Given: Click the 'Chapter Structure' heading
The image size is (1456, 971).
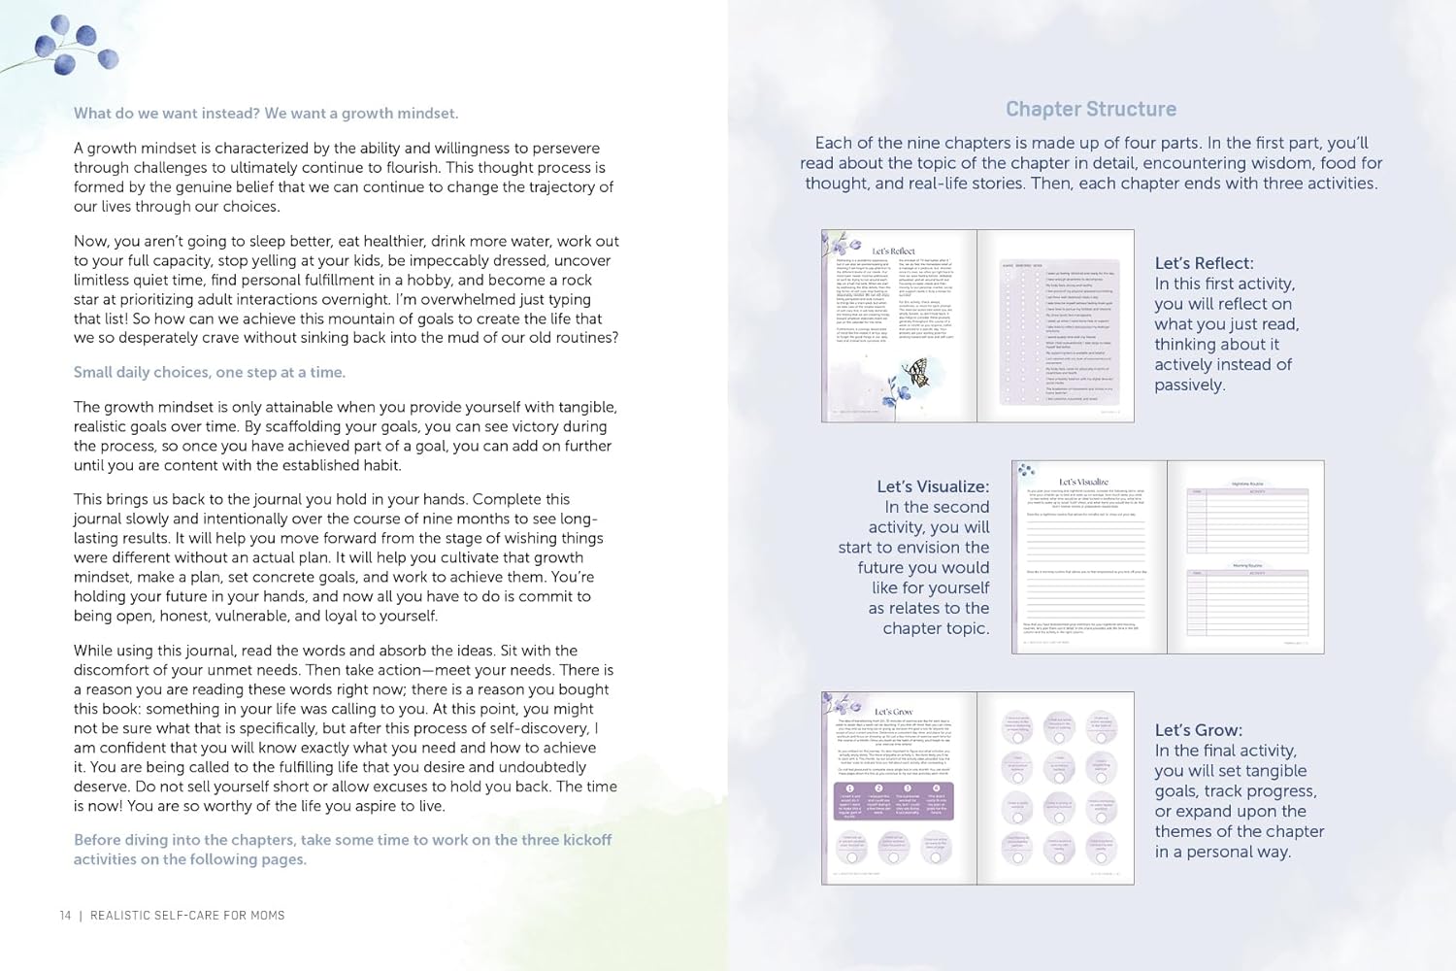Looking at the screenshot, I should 1090,109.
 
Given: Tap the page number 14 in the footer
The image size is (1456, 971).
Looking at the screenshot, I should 65,915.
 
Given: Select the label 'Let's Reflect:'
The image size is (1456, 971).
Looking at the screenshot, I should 1204,263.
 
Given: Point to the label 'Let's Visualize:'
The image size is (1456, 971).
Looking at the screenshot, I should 933,486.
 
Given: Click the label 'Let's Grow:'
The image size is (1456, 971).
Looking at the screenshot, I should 1198,730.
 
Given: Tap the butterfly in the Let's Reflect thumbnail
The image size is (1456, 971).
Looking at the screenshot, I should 915,372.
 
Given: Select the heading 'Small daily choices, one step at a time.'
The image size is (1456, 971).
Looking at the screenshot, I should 210,372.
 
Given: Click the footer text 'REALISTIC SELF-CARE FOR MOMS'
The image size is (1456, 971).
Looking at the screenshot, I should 187,915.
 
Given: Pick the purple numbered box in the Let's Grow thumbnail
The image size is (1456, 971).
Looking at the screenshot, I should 894,802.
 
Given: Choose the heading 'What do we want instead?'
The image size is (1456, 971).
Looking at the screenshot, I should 166,114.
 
